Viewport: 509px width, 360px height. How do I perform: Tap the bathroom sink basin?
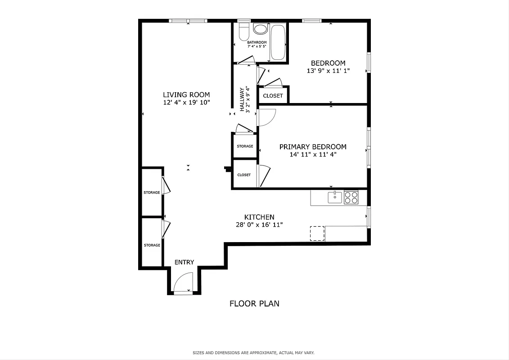pyautogui.click(x=260, y=29)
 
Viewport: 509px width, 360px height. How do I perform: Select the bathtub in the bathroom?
pyautogui.click(x=278, y=43)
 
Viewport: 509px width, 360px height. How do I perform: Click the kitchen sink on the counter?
pyautogui.click(x=335, y=197)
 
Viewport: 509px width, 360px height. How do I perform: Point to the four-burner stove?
pyautogui.click(x=351, y=197)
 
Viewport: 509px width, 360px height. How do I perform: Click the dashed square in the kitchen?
pyautogui.click(x=317, y=233)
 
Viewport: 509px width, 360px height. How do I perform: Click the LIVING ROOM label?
pyautogui.click(x=186, y=94)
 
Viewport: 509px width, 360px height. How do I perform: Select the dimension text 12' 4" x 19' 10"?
pyautogui.click(x=186, y=103)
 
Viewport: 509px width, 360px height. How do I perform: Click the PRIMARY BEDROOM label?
pyautogui.click(x=313, y=147)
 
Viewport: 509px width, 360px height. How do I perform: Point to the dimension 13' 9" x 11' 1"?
pyautogui.click(x=328, y=71)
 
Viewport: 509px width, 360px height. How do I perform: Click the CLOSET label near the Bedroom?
pyautogui.click(x=273, y=95)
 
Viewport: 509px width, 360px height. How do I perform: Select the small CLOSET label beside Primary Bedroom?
pyautogui.click(x=244, y=175)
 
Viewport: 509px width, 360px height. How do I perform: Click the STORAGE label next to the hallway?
pyautogui.click(x=245, y=146)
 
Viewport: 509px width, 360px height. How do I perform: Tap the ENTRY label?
pyautogui.click(x=185, y=262)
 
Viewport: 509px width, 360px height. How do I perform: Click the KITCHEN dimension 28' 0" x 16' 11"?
pyautogui.click(x=259, y=225)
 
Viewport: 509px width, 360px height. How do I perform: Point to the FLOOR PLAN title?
pyautogui.click(x=254, y=303)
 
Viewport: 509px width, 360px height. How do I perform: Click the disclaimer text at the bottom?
pyautogui.click(x=257, y=353)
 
